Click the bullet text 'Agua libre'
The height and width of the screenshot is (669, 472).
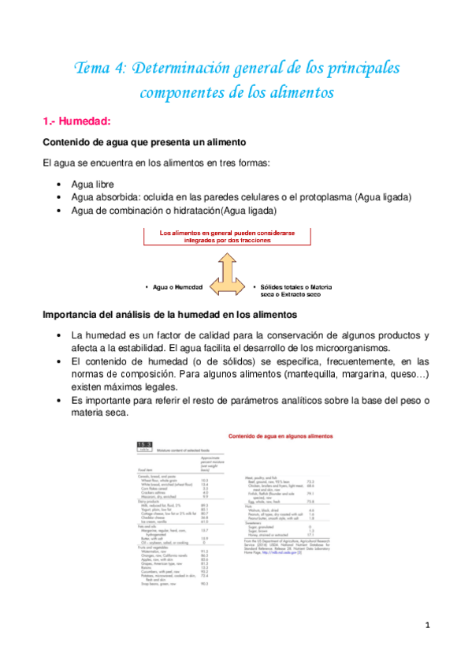pyautogui.click(x=92, y=184)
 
